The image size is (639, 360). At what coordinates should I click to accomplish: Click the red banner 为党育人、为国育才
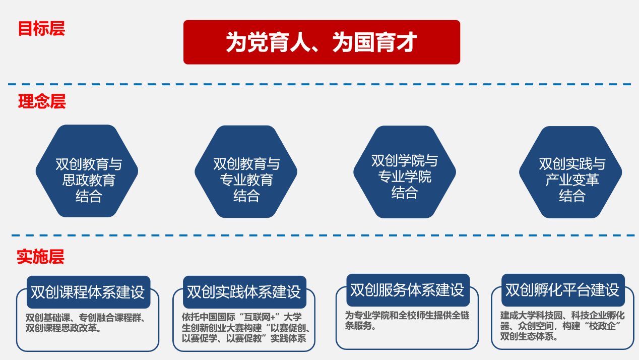tap(322, 42)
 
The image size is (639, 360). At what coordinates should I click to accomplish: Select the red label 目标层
tap(41, 29)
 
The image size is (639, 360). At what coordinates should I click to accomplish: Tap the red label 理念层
tap(42, 102)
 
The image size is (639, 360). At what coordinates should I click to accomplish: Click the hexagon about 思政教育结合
tap(87, 171)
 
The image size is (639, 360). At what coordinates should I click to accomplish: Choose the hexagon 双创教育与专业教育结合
tap(246, 171)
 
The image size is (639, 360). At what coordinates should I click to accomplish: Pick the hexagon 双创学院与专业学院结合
tap(405, 171)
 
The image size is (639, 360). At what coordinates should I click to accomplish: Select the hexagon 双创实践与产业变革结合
tap(570, 171)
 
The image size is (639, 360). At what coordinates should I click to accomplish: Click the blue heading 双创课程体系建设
tap(88, 292)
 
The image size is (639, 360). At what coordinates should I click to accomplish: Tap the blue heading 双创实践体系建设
tap(244, 292)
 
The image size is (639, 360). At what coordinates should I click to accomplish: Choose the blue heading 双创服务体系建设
tap(407, 290)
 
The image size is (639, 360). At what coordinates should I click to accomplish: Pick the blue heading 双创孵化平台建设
tap(562, 290)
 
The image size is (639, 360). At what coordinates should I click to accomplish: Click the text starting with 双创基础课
tap(86, 323)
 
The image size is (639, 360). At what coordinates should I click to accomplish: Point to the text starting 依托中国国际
tap(244, 328)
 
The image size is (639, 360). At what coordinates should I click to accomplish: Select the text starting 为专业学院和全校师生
tap(407, 320)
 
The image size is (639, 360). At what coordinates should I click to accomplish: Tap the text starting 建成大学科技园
tap(562, 326)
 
